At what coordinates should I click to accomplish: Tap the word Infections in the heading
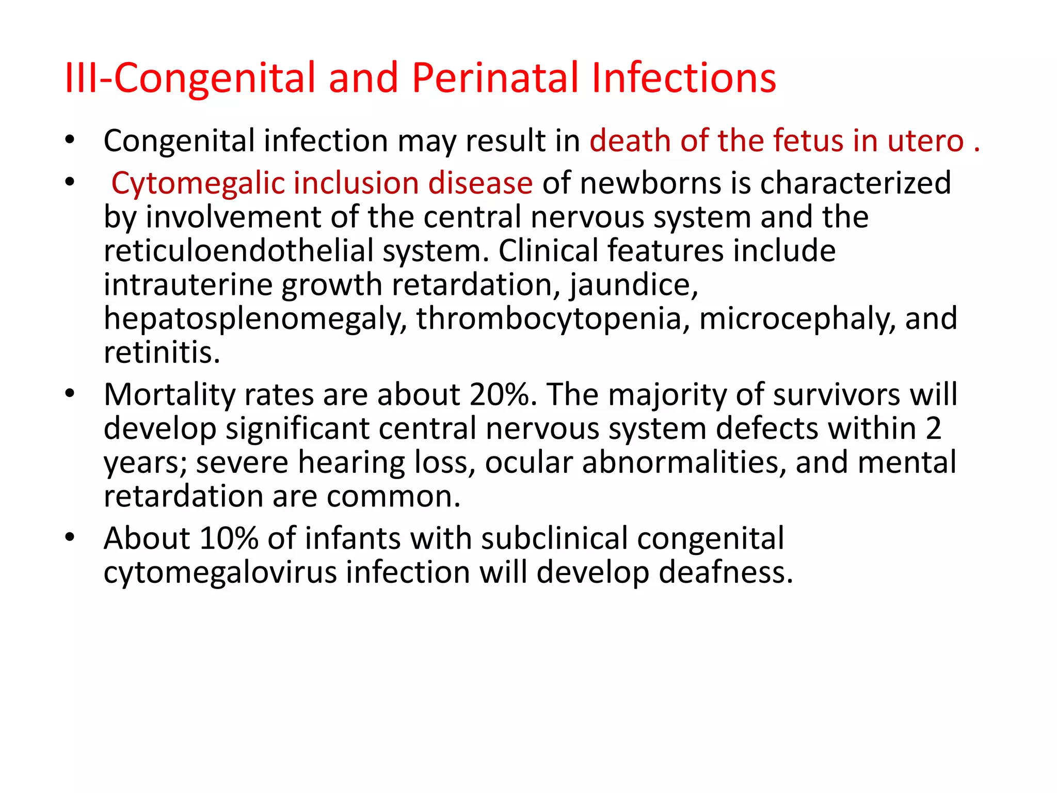[x=683, y=78]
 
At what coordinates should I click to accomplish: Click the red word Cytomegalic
[x=198, y=184]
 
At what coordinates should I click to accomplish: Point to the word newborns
[x=650, y=183]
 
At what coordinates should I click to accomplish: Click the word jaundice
[x=634, y=286]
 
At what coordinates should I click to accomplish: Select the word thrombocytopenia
[x=553, y=319]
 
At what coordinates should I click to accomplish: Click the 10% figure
[x=229, y=538]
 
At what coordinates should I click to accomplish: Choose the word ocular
[x=528, y=462]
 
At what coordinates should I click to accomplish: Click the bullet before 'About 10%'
[x=70, y=537]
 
